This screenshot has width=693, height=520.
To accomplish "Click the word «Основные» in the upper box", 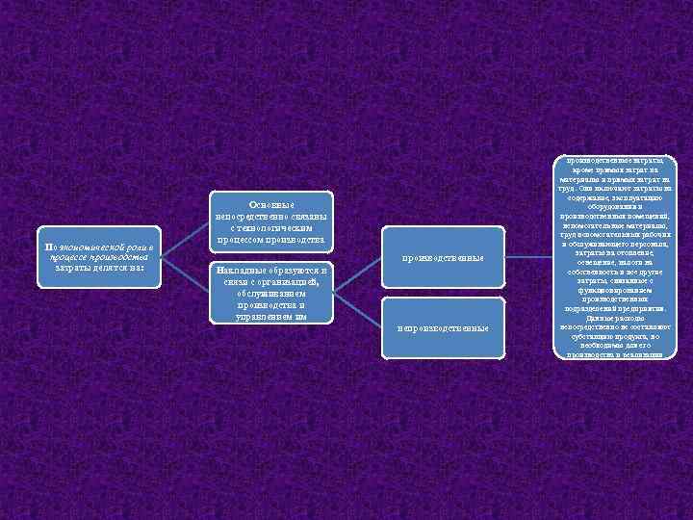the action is (271, 204).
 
